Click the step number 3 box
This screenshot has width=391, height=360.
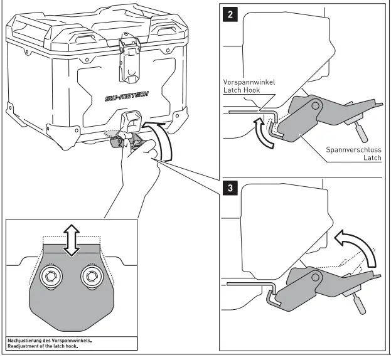232,188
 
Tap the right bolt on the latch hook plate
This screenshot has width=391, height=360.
92,276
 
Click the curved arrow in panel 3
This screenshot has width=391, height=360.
357,245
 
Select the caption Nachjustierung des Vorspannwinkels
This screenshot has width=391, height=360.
50,340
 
